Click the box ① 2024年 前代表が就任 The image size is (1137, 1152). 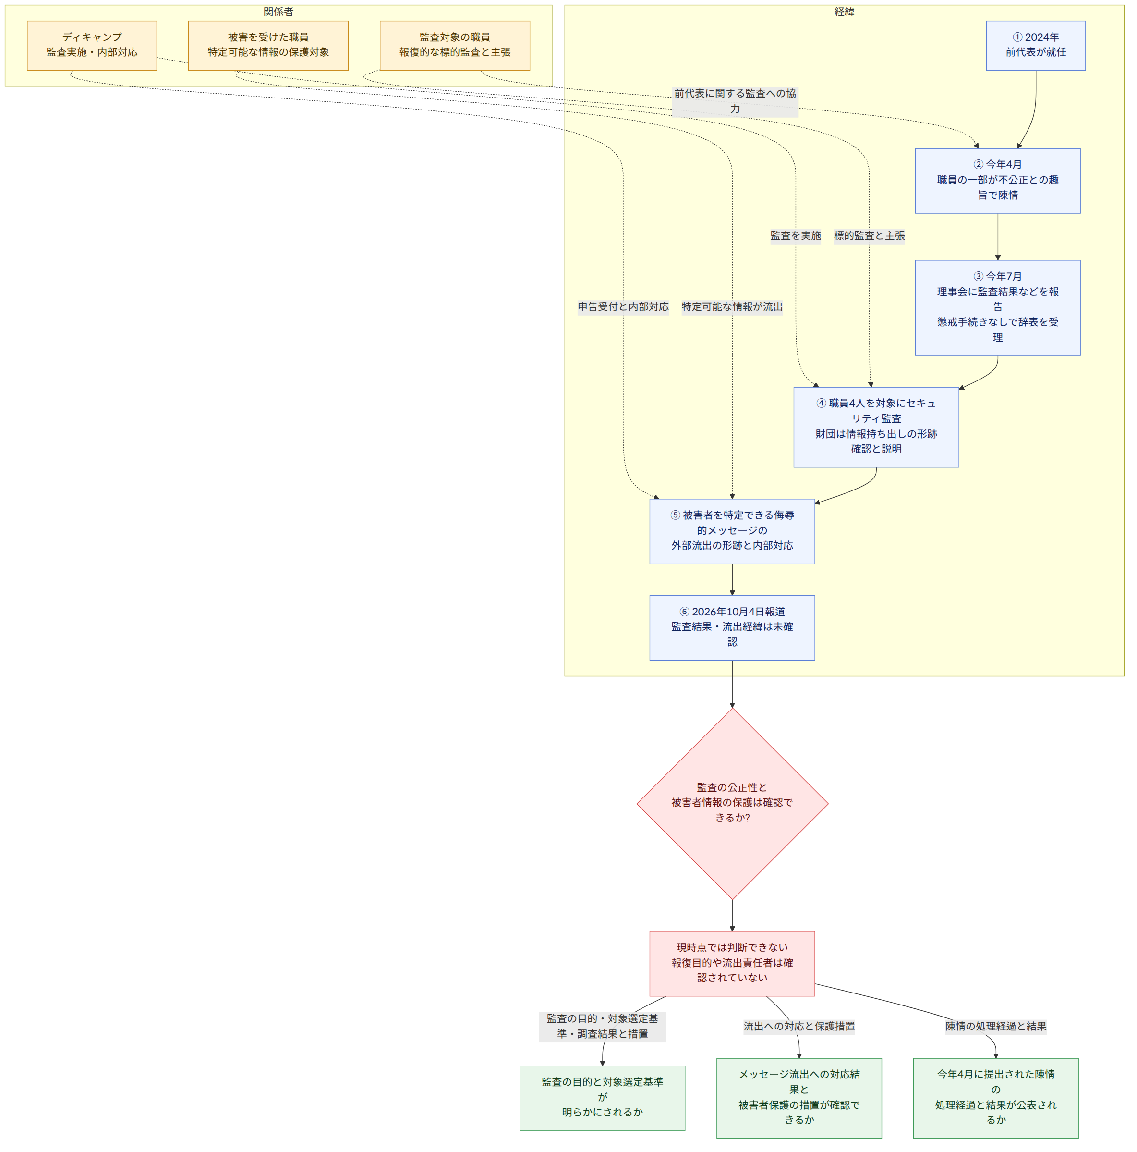tap(1035, 45)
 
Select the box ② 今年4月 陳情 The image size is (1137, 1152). tap(998, 181)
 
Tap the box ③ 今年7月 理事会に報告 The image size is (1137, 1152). tap(998, 307)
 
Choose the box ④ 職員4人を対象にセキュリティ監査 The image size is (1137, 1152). tap(876, 427)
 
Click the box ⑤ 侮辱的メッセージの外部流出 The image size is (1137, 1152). tap(732, 531)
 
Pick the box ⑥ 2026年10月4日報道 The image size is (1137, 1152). tap(732, 627)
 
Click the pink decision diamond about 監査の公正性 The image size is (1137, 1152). tap(732, 803)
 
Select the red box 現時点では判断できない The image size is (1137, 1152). tap(732, 964)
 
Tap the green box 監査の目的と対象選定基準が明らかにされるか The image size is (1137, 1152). tap(603, 1098)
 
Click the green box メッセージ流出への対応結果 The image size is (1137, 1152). tap(799, 1098)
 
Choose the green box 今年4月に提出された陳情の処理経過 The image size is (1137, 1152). tap(996, 1098)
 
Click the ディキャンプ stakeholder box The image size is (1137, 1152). tap(92, 45)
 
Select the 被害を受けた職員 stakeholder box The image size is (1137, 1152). tap(268, 45)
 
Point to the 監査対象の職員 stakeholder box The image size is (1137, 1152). tap(455, 45)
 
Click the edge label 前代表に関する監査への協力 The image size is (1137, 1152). tap(735, 101)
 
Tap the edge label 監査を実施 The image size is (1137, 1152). tap(796, 235)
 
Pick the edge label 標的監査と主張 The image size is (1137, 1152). tap(870, 235)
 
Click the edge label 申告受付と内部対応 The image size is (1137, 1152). tap(623, 306)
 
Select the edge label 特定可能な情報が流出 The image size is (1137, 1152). tap(732, 306)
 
